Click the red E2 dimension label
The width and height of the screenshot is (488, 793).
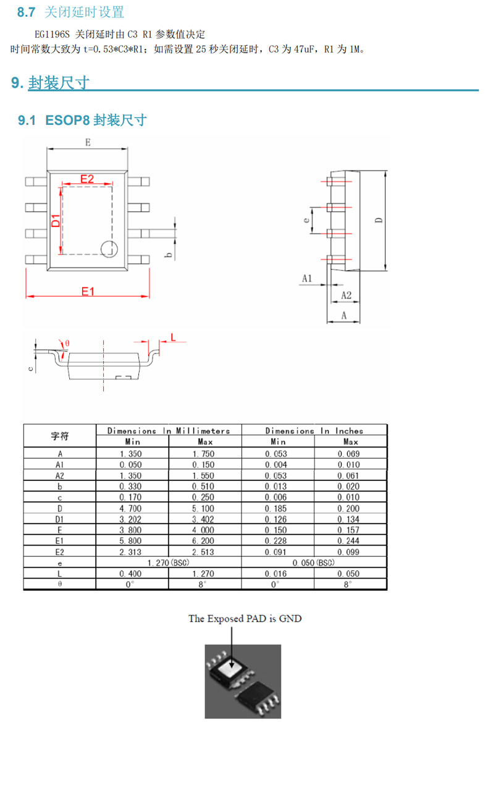(87, 179)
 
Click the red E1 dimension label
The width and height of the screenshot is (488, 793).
(88, 291)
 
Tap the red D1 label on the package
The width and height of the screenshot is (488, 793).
(56, 221)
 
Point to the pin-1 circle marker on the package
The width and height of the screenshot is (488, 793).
(109, 249)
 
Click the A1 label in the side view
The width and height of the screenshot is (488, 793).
(307, 279)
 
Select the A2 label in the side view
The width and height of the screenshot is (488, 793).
(346, 295)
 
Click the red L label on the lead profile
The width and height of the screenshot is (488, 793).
(173, 337)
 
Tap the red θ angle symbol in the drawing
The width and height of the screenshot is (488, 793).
(67, 343)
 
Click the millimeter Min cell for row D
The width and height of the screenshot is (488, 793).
(130, 508)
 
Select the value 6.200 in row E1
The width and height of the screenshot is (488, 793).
(203, 541)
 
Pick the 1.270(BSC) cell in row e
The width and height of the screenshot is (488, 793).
(169, 562)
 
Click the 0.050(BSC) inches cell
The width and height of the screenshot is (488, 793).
(314, 562)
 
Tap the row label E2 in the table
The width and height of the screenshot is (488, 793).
(59, 552)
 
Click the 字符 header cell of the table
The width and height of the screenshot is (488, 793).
(59, 436)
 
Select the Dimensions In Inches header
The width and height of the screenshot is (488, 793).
(314, 430)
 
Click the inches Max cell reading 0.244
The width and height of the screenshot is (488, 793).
(348, 541)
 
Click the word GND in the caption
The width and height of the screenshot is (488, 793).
(290, 619)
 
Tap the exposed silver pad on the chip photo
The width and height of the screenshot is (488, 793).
(230, 667)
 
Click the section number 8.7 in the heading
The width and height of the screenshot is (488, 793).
(26, 12)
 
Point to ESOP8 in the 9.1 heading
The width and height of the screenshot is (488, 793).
(67, 120)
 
